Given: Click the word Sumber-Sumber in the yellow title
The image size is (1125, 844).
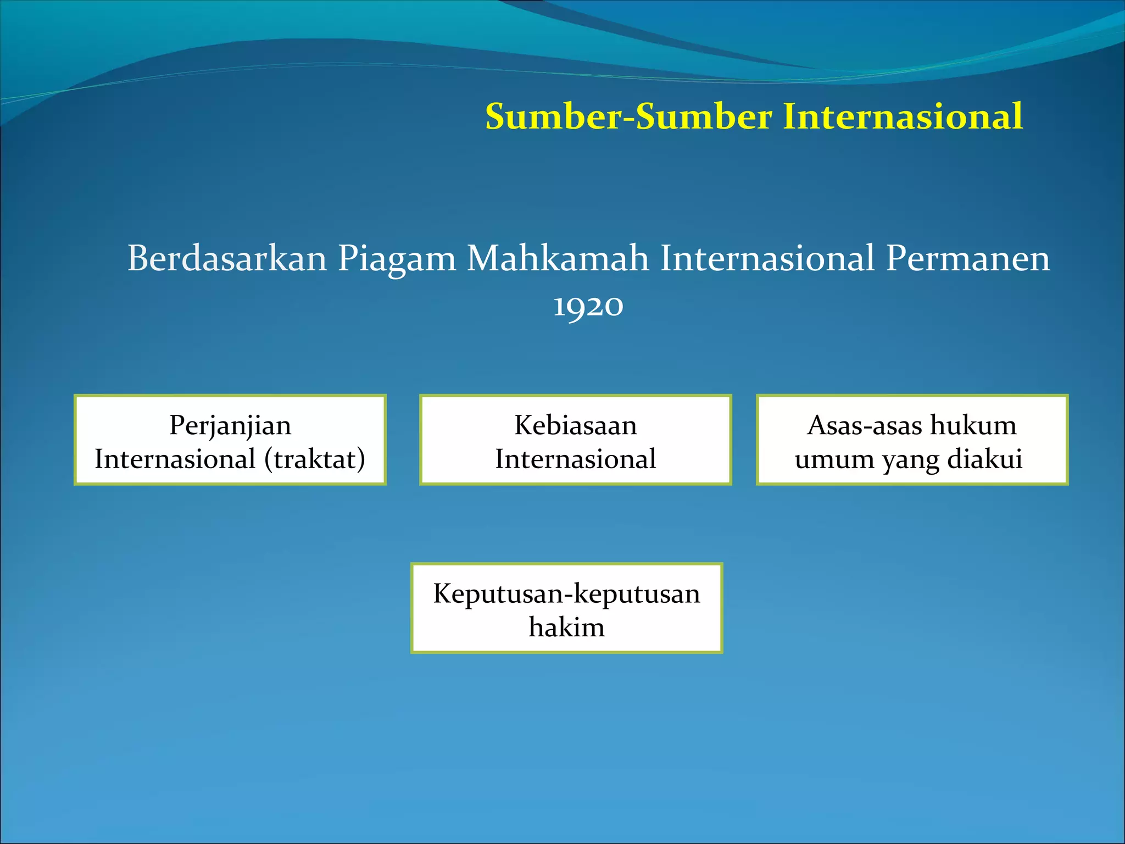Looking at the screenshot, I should click(x=628, y=116).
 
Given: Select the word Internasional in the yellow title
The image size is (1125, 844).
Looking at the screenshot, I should click(x=903, y=116).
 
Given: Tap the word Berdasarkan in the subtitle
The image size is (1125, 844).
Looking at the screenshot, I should click(x=227, y=258).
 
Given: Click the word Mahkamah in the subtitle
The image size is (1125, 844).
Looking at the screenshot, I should click(x=558, y=258).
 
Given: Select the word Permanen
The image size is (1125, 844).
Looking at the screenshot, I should click(x=968, y=258).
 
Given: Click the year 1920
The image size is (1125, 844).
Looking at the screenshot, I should click(x=588, y=306).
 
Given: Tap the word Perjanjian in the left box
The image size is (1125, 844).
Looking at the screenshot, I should click(x=230, y=426).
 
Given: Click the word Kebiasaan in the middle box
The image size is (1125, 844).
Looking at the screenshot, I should click(x=575, y=425).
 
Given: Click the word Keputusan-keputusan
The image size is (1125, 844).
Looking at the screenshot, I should click(x=566, y=594).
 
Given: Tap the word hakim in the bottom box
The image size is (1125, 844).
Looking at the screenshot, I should click(x=566, y=627).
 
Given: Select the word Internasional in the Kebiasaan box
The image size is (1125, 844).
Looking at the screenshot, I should click(x=575, y=459).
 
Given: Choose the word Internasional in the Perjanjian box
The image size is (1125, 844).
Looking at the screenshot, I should click(x=175, y=459).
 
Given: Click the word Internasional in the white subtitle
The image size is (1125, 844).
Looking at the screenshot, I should click(x=767, y=258).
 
